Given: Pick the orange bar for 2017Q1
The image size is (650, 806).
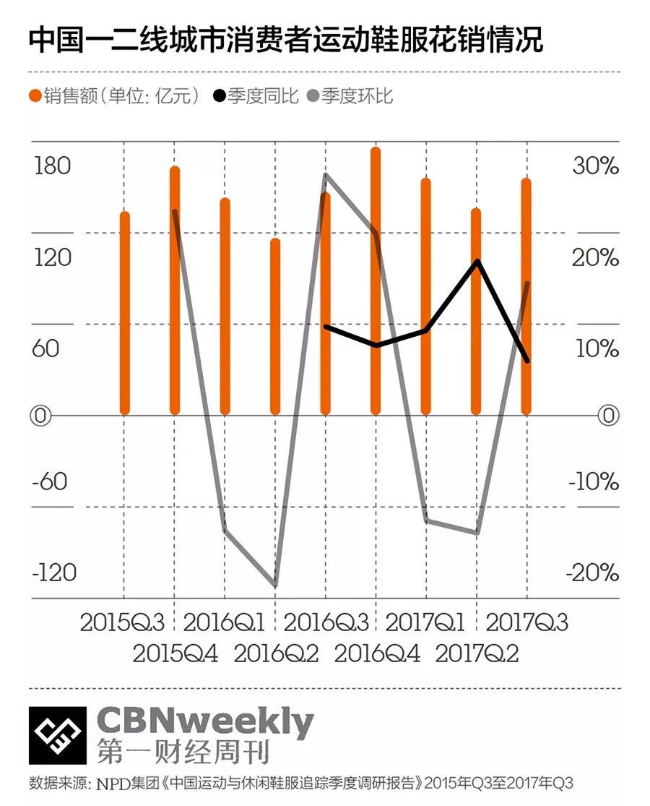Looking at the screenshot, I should click(426, 296).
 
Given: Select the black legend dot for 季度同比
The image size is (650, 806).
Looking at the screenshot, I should click(218, 96).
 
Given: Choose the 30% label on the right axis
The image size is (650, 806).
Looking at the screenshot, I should click(596, 166).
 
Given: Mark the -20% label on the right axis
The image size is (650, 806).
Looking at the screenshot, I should click(593, 573).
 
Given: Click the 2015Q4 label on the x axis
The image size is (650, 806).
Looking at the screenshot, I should click(175, 653).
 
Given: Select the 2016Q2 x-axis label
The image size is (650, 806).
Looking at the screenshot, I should click(276, 653).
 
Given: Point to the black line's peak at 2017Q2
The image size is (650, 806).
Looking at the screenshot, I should click(477, 260).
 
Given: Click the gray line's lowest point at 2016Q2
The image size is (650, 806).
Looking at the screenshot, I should click(275, 585).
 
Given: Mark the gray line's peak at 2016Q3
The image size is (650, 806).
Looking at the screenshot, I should click(326, 175).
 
